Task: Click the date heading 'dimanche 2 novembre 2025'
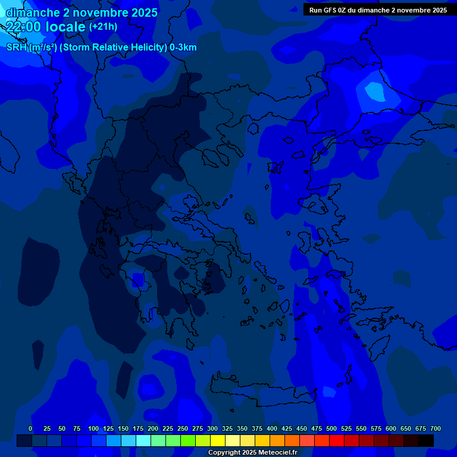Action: (82, 12)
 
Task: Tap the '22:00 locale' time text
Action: (46, 26)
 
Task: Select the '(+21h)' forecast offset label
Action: (103, 26)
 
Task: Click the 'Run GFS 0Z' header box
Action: (378, 10)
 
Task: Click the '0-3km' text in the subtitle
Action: (183, 48)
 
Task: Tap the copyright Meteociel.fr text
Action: (252, 452)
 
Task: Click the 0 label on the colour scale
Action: (30, 428)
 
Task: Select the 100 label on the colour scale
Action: (93, 428)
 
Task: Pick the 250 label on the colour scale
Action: (183, 428)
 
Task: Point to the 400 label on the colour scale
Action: (272, 428)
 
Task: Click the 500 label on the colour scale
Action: (331, 428)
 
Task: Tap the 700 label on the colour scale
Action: (436, 428)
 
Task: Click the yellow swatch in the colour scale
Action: (218, 440)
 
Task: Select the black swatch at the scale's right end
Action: (426, 440)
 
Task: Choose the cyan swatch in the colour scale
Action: (143, 440)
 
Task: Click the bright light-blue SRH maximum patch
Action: (375, 91)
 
